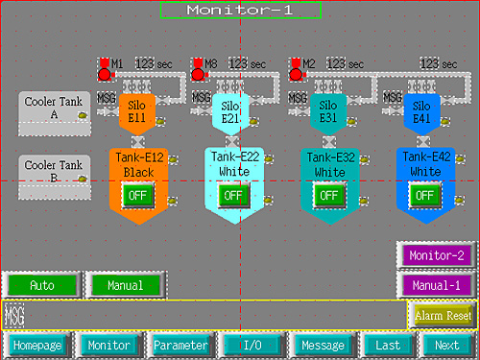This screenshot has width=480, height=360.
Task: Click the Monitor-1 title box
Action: click(240, 10)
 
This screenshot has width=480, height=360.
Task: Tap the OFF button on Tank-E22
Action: click(231, 194)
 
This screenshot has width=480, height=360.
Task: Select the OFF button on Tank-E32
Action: click(328, 194)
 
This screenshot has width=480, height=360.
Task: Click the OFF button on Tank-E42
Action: click(424, 194)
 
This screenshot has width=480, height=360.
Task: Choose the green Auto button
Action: click(41, 285)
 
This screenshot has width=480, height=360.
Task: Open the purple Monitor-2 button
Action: click(436, 255)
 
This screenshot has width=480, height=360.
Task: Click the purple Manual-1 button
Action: click(436, 285)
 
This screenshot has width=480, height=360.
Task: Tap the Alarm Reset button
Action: click(443, 315)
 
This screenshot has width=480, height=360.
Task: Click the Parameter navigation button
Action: click(180, 345)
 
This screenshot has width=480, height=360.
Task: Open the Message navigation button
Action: click(323, 345)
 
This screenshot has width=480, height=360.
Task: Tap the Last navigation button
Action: click(388, 345)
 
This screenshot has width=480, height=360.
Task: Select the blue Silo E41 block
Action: click(420, 111)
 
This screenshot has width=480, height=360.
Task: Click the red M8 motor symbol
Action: click(198, 69)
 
